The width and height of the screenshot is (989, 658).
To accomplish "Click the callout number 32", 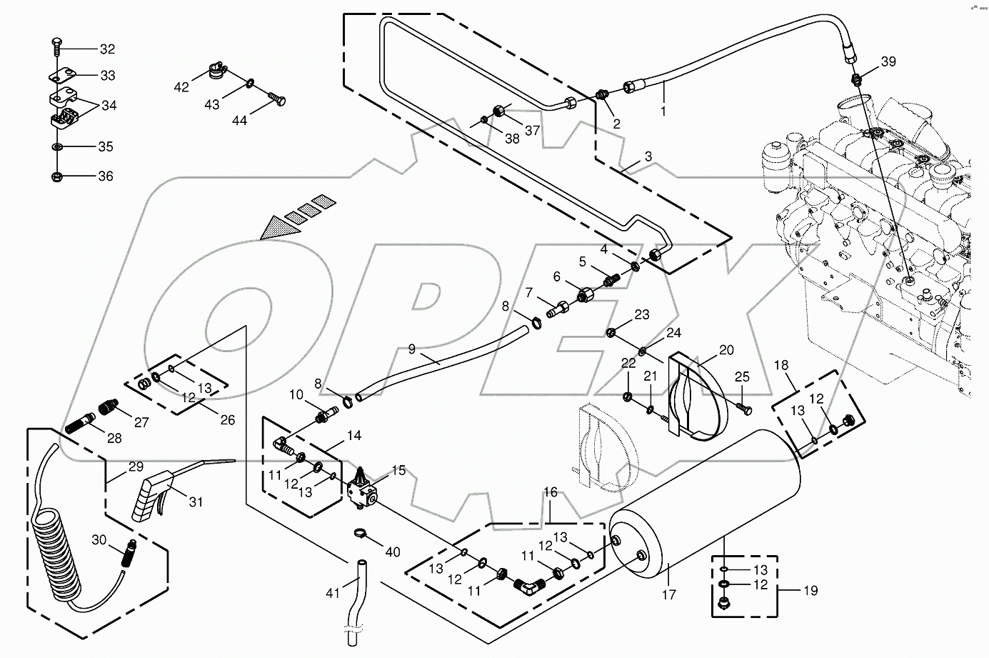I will point(106,49).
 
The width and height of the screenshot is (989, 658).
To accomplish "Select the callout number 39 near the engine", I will point(888,62).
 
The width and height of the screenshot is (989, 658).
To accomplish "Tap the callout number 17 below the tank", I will point(668,594).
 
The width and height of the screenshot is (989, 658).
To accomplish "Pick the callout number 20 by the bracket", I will point(726,350).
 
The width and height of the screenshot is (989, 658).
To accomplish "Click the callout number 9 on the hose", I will point(412,349).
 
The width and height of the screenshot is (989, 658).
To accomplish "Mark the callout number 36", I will point(106,176).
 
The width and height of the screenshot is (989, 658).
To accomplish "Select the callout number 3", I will point(648,156).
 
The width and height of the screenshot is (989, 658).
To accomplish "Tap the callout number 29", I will point(136,467).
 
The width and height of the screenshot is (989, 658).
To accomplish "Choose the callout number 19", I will point(810,591).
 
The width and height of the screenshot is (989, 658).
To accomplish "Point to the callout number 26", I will point(227,420).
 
